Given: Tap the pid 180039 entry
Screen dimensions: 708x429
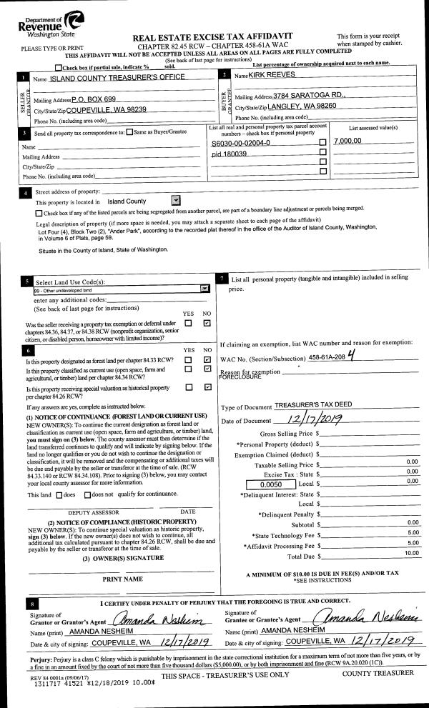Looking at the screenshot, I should tap(230, 154).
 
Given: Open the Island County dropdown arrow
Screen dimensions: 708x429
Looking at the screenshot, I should tap(177, 201).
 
